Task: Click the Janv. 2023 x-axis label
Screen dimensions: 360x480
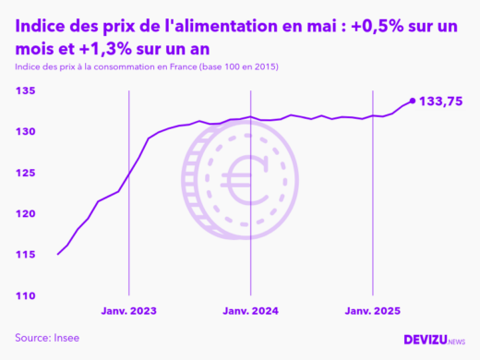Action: (x=127, y=311)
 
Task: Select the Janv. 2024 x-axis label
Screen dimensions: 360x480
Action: (x=251, y=311)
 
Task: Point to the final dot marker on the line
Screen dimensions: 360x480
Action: (x=412, y=101)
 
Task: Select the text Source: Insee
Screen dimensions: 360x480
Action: (x=47, y=338)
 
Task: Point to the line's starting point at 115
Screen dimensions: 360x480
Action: (x=58, y=254)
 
